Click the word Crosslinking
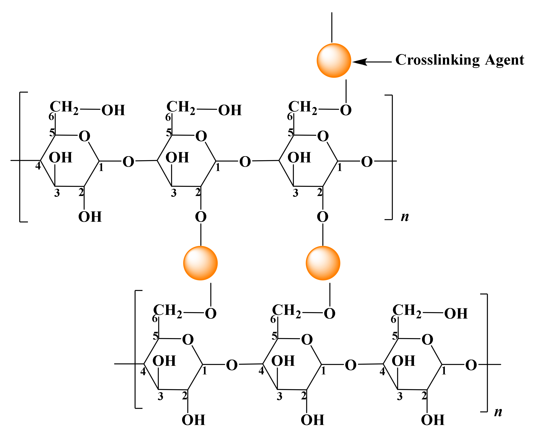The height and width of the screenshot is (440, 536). tap(437, 60)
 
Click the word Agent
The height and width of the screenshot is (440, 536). tap(504, 60)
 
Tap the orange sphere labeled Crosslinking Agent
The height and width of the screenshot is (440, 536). tap(334, 61)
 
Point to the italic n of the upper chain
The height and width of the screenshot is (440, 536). tap(405, 217)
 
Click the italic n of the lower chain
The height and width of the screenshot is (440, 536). tap(498, 412)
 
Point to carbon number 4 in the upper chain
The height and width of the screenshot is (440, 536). tap(38, 166)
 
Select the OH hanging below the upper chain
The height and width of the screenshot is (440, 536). tap(90, 217)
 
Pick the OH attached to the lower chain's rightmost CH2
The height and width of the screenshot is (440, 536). tap(456, 314)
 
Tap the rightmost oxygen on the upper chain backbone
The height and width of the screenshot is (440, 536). tap(367, 162)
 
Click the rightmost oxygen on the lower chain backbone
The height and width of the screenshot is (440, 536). tap(471, 365)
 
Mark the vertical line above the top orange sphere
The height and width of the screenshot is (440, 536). tap(332, 27)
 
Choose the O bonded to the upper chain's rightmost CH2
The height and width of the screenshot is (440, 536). tap(346, 110)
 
